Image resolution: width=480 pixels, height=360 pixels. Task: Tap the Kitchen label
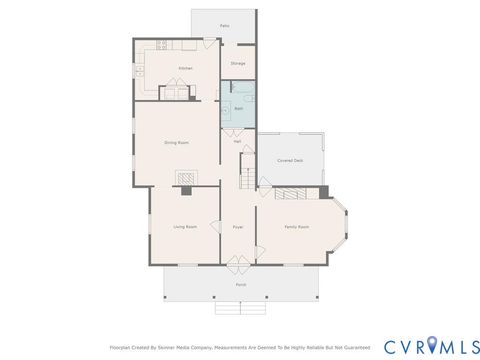pyautogui.click(x=185, y=68)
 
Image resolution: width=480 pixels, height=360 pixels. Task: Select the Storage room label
pyautogui.click(x=238, y=63)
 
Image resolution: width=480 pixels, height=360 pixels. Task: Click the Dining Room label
pyautogui.click(x=177, y=143)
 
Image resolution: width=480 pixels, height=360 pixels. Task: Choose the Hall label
pyautogui.click(x=238, y=142)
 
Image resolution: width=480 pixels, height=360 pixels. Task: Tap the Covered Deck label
pyautogui.click(x=290, y=160)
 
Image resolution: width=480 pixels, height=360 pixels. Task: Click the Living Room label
pyautogui.click(x=184, y=227)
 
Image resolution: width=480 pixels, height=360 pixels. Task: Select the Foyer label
pyautogui.click(x=238, y=227)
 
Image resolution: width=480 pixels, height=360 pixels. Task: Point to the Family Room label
pyautogui.click(x=296, y=227)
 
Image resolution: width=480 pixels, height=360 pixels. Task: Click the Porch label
pyautogui.click(x=240, y=284)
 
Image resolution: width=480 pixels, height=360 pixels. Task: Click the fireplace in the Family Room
pyautogui.click(x=292, y=192)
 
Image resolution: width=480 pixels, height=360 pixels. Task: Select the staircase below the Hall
pyautogui.click(x=246, y=177)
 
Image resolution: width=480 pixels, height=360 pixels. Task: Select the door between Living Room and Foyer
pyautogui.click(x=221, y=225)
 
